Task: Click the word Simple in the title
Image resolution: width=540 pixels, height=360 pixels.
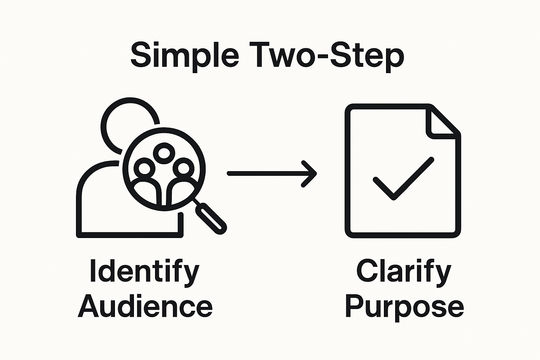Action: [x=185, y=56]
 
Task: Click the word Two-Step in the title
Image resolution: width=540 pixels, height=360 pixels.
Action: [x=327, y=56]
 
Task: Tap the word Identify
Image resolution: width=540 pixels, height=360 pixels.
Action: [x=144, y=272]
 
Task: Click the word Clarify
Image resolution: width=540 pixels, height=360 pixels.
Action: [x=404, y=272]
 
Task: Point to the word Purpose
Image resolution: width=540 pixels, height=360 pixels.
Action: [x=404, y=307]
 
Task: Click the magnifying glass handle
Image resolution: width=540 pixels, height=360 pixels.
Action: [x=211, y=218]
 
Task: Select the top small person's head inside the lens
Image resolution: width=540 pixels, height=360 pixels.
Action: [x=164, y=153]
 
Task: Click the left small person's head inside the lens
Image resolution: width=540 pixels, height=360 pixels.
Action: [x=144, y=168]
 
